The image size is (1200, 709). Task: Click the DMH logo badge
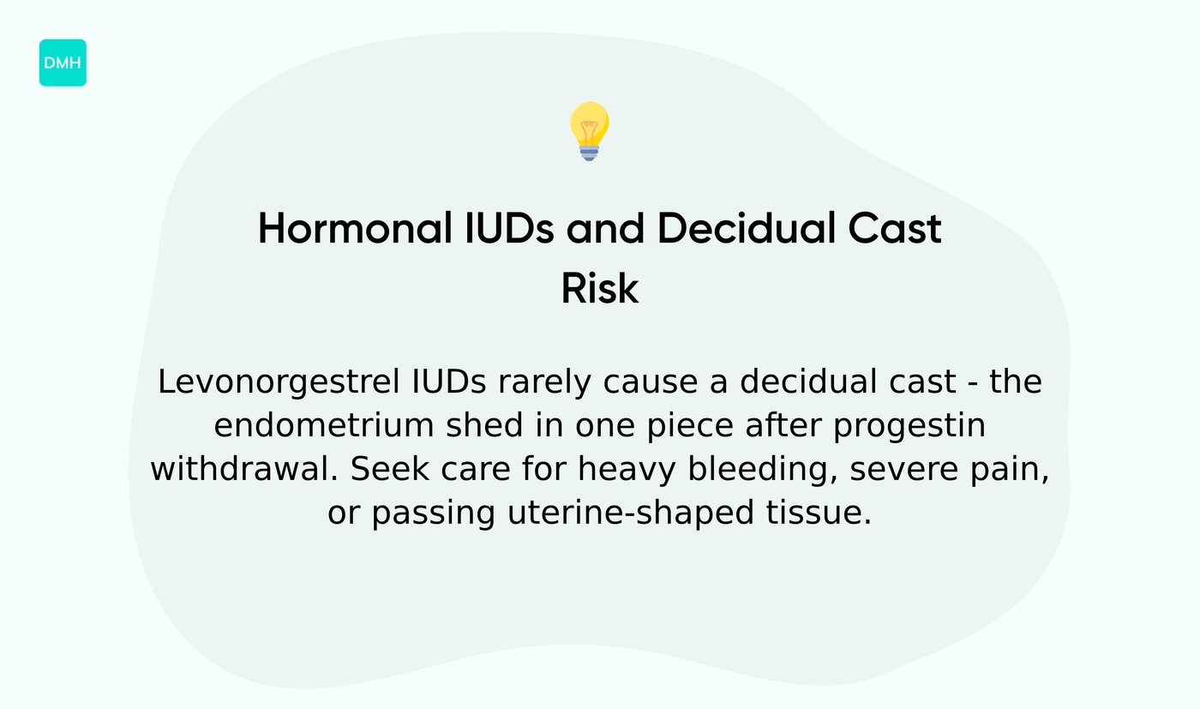[63, 63]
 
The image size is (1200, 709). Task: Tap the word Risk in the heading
[600, 289]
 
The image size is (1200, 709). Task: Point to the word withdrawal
[245, 470]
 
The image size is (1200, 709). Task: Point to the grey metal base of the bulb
[589, 153]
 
